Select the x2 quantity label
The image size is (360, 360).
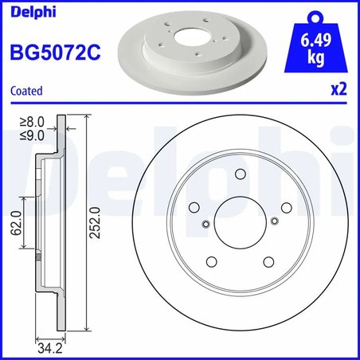point(339,91)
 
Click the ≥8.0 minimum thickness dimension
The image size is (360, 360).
point(30,123)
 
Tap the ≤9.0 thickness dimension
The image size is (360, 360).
point(30,135)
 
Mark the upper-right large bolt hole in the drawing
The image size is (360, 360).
point(285,207)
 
